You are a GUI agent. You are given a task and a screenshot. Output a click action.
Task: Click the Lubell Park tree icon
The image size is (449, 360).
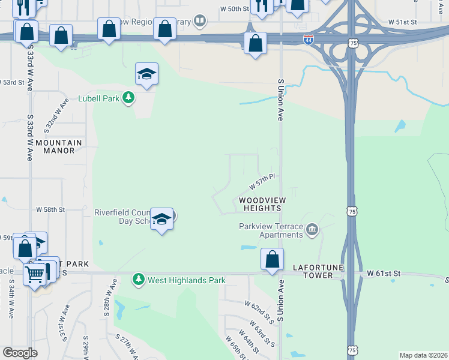point(128,98)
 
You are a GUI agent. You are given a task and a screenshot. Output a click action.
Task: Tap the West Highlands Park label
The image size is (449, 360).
point(187,280)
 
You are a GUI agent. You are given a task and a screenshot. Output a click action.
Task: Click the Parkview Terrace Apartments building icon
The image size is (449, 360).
point(312,230)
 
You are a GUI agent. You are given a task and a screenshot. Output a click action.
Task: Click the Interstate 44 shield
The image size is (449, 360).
point(308,40)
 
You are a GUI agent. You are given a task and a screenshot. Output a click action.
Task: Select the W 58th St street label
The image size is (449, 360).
point(50,209)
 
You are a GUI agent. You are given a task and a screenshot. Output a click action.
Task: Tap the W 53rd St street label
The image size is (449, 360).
point(12,82)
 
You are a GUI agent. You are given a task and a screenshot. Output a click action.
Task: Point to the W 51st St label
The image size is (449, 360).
point(402,22)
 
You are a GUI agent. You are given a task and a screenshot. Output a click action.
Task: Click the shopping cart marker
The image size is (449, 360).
point(35,274)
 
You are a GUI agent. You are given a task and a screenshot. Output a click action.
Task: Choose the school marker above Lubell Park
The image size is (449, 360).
point(146,74)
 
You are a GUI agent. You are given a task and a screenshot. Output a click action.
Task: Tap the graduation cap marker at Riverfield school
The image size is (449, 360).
point(161,220)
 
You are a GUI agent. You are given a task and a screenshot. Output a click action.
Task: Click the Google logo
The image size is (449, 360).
point(20,353)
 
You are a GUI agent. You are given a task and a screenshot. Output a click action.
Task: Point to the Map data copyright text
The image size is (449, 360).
point(423,355)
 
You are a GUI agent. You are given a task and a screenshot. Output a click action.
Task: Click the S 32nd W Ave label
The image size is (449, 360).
point(58,116)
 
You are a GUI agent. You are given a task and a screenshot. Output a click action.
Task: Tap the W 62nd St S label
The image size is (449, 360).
point(260,313)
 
